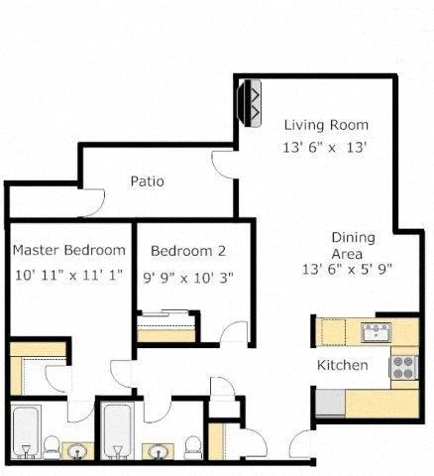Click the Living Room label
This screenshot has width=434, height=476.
pos(326,125)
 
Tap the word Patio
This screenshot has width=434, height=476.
pos(147,181)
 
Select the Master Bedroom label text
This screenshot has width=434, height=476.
pos(68,250)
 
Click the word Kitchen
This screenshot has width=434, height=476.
pos(342,366)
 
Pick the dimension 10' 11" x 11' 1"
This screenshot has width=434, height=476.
pos(68,275)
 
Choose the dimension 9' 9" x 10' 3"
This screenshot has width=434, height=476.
pos(188,278)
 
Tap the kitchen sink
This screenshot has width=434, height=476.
pos(377,332)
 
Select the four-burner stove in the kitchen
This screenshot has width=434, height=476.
pos(403,368)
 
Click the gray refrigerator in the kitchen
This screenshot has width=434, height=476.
pos(329,402)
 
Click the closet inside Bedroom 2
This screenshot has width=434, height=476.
pos(166,328)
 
